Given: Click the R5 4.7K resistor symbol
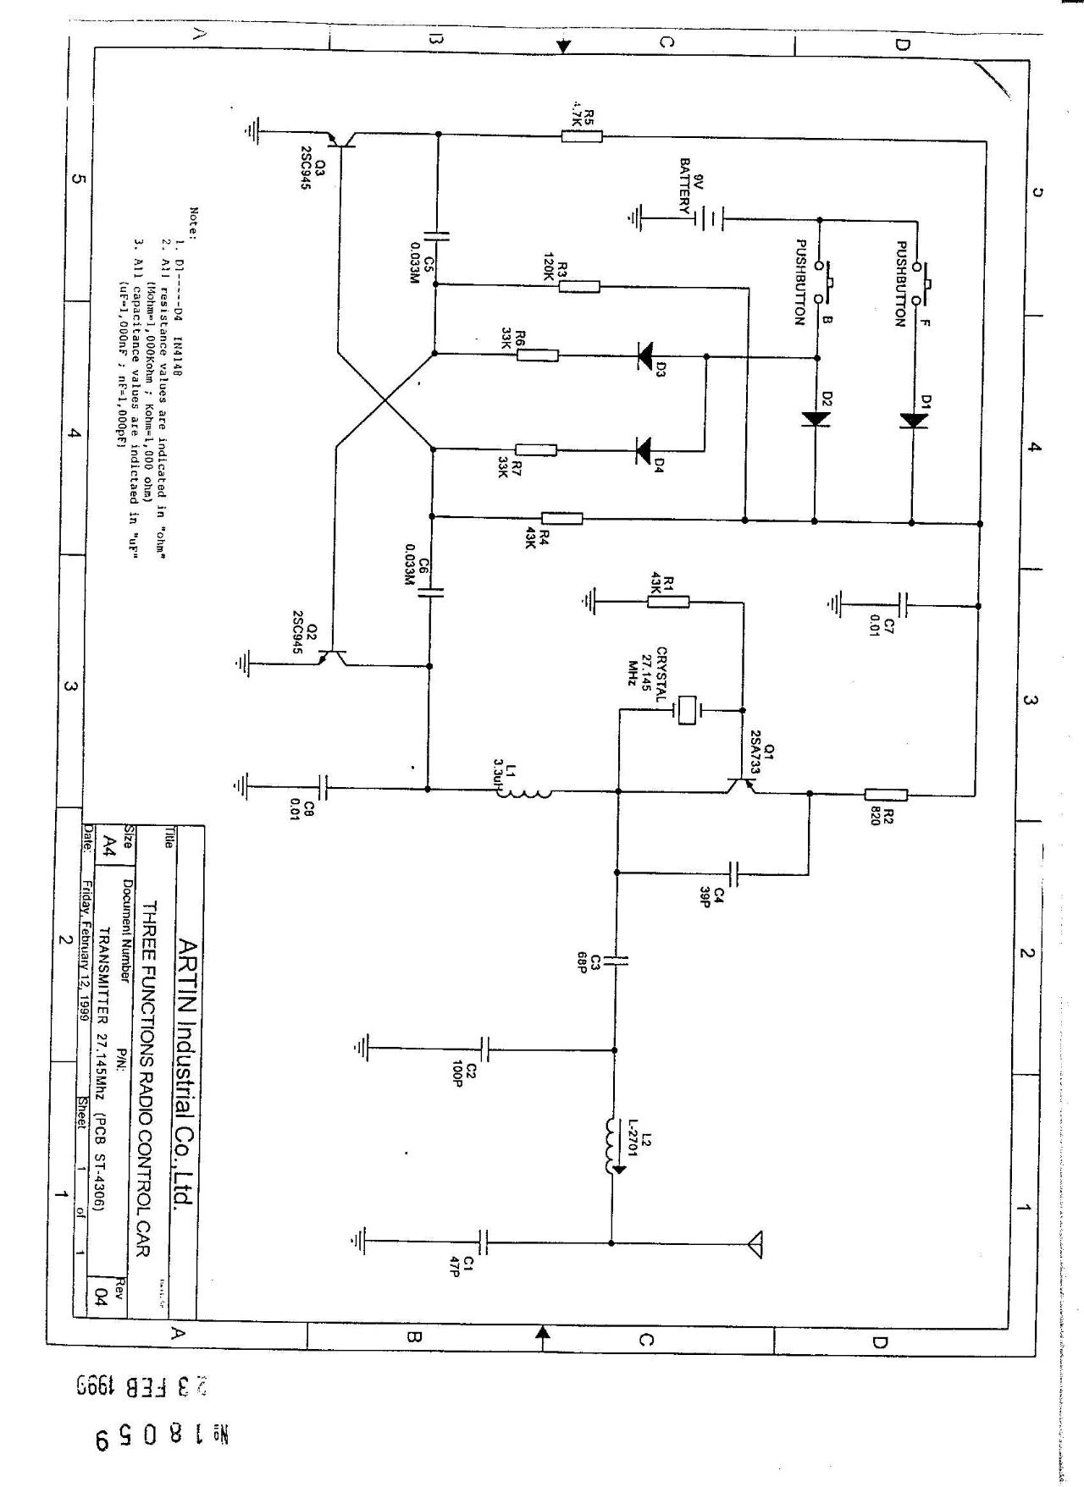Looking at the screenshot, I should pyautogui.click(x=582, y=135).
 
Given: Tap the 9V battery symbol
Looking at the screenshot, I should pyautogui.click(x=707, y=220).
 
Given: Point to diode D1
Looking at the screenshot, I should pyautogui.click(x=913, y=420).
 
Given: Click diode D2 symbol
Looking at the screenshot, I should pyautogui.click(x=816, y=418).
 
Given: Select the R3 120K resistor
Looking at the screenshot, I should pyautogui.click(x=579, y=286).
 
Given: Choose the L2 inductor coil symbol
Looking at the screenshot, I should pyautogui.click(x=611, y=1146).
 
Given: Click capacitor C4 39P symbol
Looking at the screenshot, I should pyautogui.click(x=734, y=873).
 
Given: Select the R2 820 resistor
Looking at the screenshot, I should pyautogui.click(x=886, y=794).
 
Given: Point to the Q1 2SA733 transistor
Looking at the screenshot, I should pyautogui.click(x=740, y=785).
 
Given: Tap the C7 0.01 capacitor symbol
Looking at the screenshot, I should pyautogui.click(x=904, y=604).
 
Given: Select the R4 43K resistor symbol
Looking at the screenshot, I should pyautogui.click(x=561, y=518).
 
